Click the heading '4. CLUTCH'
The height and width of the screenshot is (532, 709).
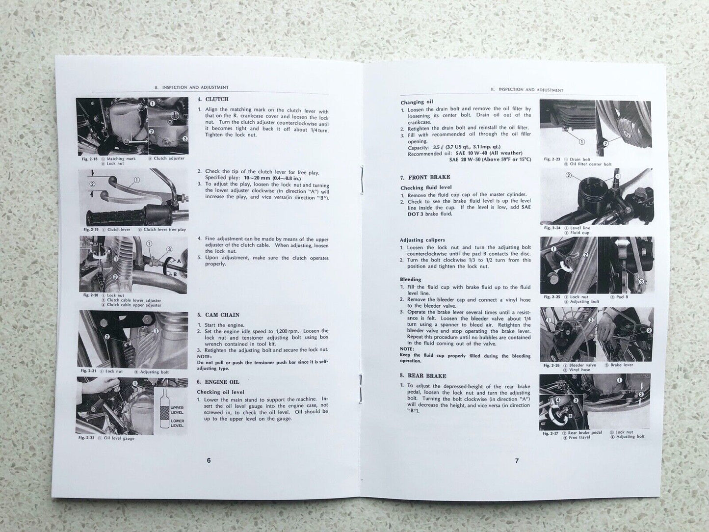213,99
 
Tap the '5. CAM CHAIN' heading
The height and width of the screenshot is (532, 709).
218,315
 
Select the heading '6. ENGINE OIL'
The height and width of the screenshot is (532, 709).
218,382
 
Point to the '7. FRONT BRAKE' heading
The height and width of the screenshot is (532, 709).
425,177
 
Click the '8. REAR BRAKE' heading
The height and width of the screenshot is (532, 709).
423,376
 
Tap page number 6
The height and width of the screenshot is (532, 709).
209,461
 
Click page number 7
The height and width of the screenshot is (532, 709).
517,461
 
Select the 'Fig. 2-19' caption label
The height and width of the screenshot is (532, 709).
91,230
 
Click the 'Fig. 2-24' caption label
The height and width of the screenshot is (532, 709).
552,228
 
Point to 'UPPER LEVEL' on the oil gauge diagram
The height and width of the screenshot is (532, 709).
177,410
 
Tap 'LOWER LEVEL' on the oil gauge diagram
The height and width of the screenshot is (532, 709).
177,423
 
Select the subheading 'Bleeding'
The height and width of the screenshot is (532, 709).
411,279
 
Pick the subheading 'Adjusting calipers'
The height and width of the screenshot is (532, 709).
422,240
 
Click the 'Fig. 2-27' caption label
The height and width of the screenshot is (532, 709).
551,433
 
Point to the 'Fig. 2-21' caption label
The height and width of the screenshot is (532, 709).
88,372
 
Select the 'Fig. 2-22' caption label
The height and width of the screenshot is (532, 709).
86,439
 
